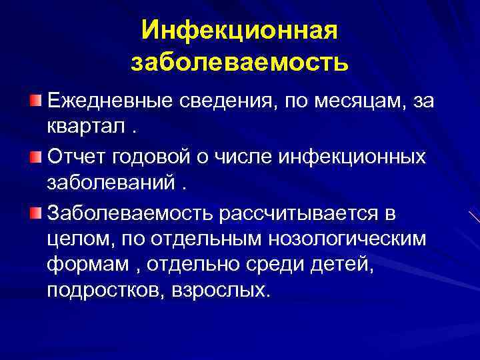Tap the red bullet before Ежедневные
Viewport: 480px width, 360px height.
pos(34,101)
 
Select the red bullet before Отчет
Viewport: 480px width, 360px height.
pos(34,157)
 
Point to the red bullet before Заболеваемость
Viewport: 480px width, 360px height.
pos(34,213)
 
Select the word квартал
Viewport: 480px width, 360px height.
pos(85,128)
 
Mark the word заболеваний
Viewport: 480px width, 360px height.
pos(109,185)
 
